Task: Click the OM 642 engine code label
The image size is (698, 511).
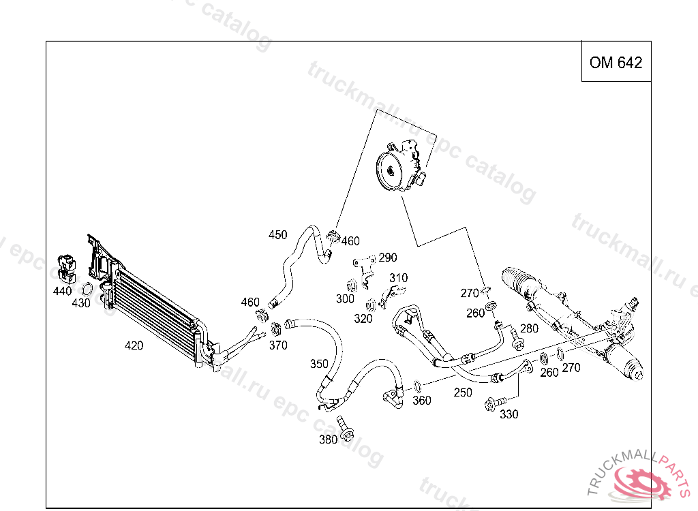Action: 616,63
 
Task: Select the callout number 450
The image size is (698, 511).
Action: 277,235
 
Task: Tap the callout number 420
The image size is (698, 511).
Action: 134,345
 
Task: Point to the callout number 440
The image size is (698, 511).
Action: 62,291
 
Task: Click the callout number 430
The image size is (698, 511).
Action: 81,303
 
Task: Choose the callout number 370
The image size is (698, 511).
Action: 278,345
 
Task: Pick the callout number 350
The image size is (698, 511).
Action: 319,363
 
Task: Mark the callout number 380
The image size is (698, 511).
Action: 328,439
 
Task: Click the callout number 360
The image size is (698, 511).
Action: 422,401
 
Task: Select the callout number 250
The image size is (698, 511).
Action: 463,392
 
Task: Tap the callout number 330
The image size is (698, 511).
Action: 509,414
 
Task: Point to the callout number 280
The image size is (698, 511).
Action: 529,328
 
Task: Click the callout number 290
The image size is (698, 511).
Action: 387,258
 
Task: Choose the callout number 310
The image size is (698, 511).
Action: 398,278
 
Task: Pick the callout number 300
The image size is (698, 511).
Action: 345,298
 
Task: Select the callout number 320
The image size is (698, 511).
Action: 363,318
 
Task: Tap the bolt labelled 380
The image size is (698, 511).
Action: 346,430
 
